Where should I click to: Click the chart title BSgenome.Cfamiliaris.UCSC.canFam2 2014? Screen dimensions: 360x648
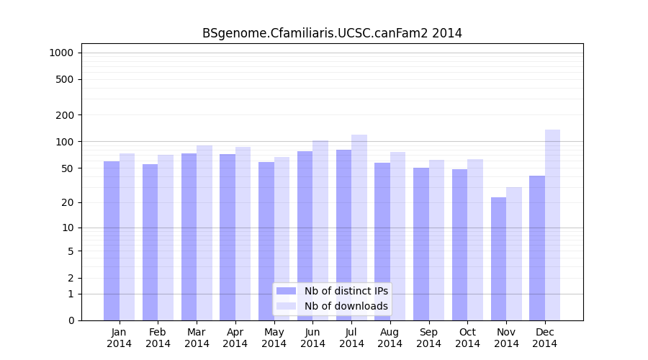point(332,33)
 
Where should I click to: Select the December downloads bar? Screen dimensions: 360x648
point(552,225)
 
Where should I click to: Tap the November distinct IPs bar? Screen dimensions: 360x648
point(498,258)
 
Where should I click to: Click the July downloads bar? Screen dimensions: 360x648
point(359,228)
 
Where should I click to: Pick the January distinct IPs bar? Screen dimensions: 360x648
point(112,240)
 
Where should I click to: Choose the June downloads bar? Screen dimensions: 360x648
point(320,230)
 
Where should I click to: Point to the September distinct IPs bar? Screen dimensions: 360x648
point(421,244)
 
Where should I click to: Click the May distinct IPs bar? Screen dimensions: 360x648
point(266,241)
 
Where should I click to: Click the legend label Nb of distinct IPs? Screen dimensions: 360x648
point(346,291)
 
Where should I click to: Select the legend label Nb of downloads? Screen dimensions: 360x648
point(346,306)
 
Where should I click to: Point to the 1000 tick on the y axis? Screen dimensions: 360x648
point(61,53)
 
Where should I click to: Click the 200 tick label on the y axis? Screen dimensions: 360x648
point(66,115)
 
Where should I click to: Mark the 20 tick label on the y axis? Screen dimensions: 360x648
point(68,202)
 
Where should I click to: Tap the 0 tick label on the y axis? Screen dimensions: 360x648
point(71,320)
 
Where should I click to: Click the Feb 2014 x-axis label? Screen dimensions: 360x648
point(158,338)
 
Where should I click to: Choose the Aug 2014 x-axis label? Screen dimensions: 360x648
point(390,338)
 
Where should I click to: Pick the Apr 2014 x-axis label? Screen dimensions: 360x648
point(235,338)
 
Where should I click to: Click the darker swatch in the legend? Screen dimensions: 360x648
point(286,291)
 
